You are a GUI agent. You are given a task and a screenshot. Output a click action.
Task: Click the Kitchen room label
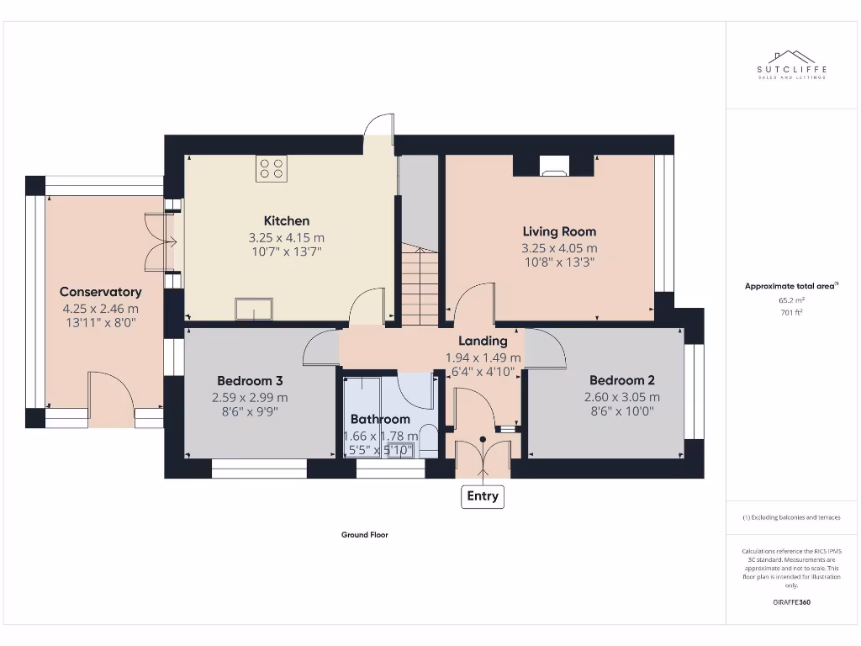tap(287, 221)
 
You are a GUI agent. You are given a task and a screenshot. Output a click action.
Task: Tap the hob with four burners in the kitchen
tap(271, 168)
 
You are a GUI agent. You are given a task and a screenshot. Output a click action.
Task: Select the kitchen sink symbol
tap(254, 310)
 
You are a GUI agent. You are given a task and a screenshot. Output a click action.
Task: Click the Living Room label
tap(559, 231)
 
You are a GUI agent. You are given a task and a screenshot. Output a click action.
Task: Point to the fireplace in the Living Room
tap(553, 167)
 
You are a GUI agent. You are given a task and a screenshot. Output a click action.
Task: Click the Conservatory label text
tap(100, 292)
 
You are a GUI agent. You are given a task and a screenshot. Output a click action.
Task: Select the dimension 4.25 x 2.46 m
tap(100, 308)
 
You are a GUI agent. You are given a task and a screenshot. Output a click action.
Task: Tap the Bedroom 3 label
tap(244, 380)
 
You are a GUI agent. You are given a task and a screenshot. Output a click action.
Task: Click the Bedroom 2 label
tap(621, 380)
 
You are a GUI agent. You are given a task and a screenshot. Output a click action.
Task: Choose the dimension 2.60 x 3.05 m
tap(621, 397)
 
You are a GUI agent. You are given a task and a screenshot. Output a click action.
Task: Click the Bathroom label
tap(380, 419)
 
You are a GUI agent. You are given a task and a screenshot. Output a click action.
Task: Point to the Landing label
tap(483, 341)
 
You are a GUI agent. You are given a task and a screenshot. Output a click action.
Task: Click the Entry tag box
tap(483, 496)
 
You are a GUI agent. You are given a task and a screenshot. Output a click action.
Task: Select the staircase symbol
tap(420, 284)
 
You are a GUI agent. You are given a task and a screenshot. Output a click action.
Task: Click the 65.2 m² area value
tap(791, 299)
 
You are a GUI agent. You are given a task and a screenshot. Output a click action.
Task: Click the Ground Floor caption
tap(364, 534)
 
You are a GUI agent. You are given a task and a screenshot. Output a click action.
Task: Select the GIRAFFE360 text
tap(791, 602)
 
